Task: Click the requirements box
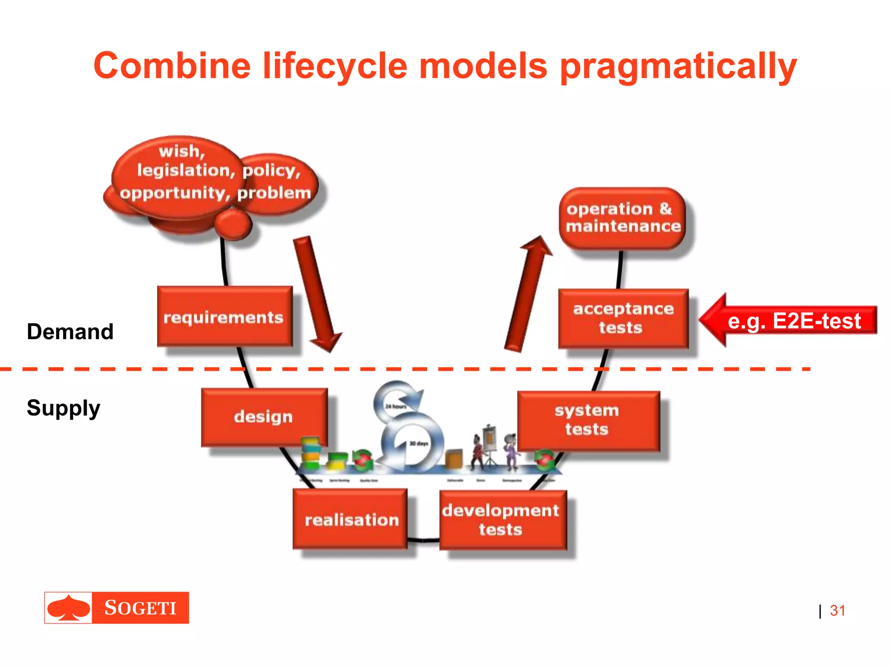click(224, 317)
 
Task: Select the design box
click(264, 417)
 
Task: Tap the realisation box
click(351, 519)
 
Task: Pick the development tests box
click(502, 520)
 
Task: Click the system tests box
click(587, 420)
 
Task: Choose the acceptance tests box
click(623, 318)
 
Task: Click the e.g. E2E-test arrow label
click(794, 321)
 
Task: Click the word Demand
click(70, 331)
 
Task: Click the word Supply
click(64, 408)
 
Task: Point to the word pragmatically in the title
click(678, 66)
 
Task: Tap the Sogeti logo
click(117, 608)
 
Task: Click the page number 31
click(837, 611)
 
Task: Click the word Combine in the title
click(172, 66)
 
